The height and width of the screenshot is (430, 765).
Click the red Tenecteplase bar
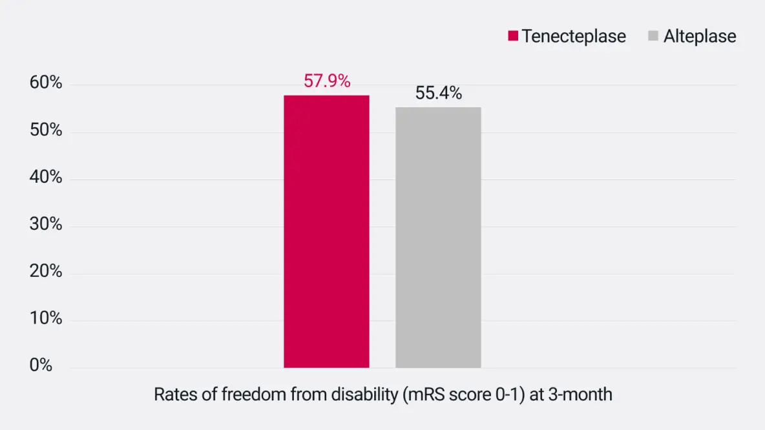(326, 232)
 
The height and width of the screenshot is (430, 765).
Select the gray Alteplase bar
(438, 238)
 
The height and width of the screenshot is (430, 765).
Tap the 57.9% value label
(327, 82)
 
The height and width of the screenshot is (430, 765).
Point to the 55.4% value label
(439, 94)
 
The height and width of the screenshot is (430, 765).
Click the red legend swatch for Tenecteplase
(513, 36)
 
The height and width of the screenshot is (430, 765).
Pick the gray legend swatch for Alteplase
(653, 36)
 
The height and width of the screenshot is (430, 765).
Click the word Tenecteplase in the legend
(574, 36)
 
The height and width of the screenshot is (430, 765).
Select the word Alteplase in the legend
(700, 36)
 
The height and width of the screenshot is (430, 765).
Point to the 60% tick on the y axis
(46, 83)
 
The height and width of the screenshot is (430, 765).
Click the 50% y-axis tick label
(46, 130)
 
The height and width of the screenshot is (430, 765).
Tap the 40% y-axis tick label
(46, 178)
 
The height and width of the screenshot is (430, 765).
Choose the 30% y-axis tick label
(46, 225)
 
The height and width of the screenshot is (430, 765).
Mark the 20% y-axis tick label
(46, 272)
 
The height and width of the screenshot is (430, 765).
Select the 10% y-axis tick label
(46, 319)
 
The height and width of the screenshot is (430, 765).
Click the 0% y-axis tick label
(41, 365)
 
